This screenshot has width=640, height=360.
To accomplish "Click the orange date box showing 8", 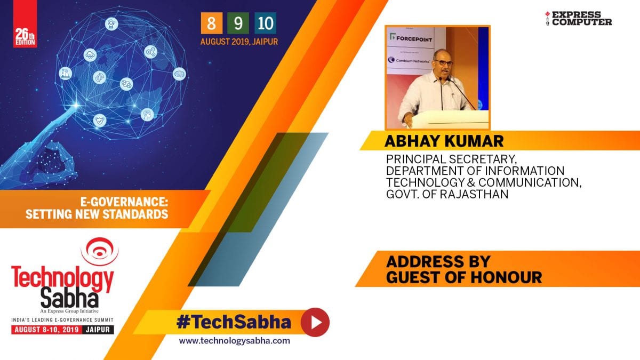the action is [x=211, y=23].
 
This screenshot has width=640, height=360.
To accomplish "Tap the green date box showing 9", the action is [x=238, y=23].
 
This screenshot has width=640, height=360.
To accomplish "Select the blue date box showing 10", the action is [x=266, y=23].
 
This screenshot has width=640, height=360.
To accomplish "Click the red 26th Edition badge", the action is [x=25, y=23].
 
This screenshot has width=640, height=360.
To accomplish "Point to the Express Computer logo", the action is [x=578, y=19].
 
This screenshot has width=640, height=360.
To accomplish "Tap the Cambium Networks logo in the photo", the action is [x=409, y=60].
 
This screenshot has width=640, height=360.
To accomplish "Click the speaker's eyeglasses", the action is [x=443, y=62].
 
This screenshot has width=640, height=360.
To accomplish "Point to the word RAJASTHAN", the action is [x=474, y=194].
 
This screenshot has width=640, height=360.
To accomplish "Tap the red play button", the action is [x=315, y=322].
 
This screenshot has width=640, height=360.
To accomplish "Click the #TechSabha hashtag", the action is [x=234, y=322].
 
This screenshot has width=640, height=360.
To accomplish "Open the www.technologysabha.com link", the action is [x=234, y=341].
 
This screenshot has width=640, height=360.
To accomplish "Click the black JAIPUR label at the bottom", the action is [x=98, y=330].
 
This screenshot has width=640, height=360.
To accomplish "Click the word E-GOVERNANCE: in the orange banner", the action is [x=124, y=202].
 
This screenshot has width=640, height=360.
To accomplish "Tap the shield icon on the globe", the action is [x=100, y=121].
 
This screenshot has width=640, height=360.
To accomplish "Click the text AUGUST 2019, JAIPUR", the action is [x=239, y=42].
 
